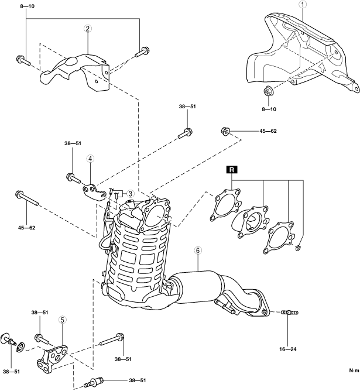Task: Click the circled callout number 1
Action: [x=303, y=5]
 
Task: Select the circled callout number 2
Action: [x=87, y=29]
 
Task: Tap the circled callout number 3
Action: [x=131, y=194]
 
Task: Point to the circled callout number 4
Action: [x=91, y=158]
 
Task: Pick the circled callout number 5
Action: [x=62, y=320]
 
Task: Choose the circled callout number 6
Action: [x=198, y=251]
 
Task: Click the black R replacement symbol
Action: [x=232, y=170]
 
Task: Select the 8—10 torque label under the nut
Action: [x=270, y=108]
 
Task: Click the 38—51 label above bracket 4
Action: [x=72, y=143]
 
